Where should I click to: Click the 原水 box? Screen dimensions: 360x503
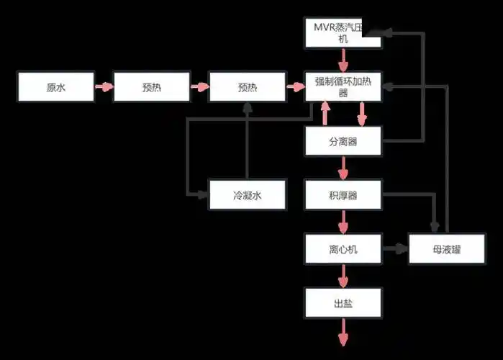point(55,87)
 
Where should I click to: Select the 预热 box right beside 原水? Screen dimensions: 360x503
point(151,87)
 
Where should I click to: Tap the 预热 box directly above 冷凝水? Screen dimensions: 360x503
point(247,87)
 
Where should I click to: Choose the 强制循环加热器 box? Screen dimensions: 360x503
point(343,86)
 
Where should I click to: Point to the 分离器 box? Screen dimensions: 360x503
point(343,141)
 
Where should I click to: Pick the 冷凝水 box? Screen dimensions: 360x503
point(247,195)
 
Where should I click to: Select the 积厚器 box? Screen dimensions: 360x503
point(343,195)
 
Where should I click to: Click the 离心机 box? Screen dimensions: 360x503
point(343,250)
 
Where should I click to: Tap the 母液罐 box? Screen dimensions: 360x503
point(446,250)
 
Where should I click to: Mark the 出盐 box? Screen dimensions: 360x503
point(343,304)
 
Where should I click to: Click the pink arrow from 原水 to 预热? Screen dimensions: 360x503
point(104,87)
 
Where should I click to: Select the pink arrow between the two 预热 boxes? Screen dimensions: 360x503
point(199,87)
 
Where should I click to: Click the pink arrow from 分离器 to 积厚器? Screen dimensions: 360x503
point(343,168)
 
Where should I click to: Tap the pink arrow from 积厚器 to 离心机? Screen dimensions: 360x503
point(343,222)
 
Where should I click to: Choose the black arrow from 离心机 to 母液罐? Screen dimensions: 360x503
point(394,250)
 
